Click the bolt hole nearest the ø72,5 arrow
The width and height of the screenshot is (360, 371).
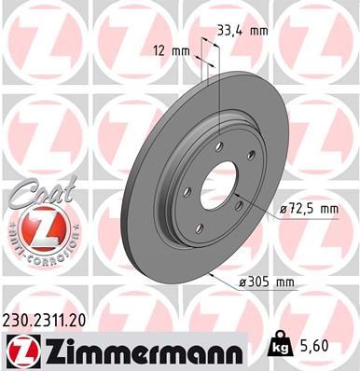[x=238, y=204]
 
